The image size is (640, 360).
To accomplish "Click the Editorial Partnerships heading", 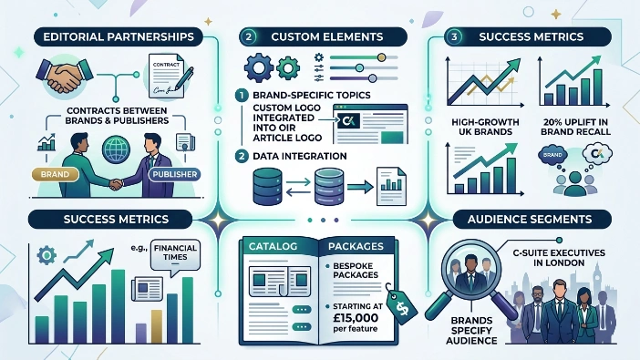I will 111,37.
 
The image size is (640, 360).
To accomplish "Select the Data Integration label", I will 290,156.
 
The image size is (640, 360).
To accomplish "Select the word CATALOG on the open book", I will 270,245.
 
